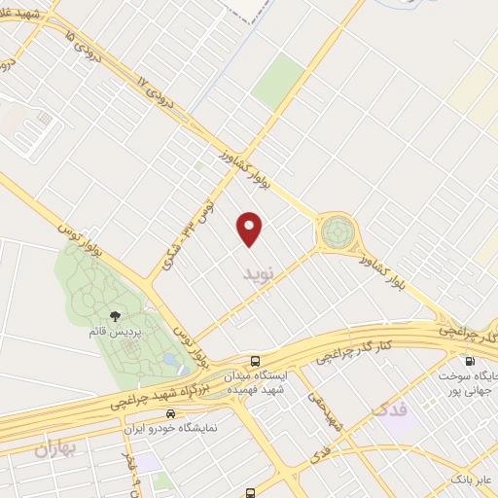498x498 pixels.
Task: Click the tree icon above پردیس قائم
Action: point(116,315)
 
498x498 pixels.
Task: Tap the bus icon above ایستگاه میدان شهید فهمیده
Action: point(255,359)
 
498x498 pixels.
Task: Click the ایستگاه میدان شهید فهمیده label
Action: point(255,382)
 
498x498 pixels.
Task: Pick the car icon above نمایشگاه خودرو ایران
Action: point(170,412)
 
